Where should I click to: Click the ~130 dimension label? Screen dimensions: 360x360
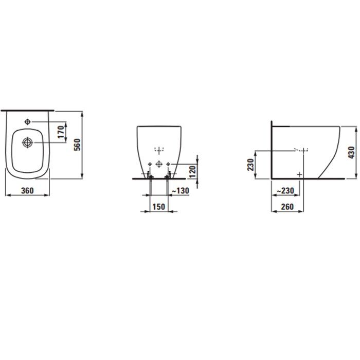click(180, 191)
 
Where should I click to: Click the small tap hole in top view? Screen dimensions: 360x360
click(28, 122)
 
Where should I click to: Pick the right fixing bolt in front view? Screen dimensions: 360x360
click(168, 177)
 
